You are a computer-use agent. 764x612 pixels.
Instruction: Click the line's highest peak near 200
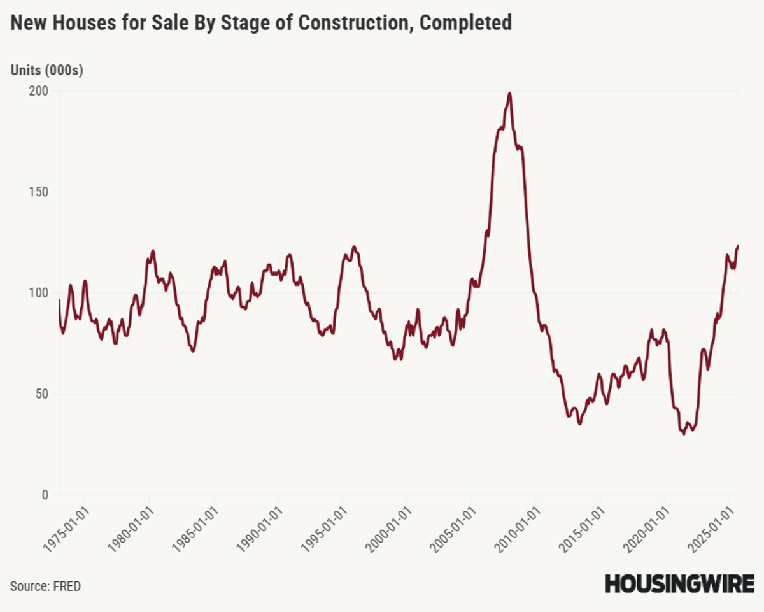click(x=509, y=94)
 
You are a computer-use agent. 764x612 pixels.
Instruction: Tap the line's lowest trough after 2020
click(x=684, y=434)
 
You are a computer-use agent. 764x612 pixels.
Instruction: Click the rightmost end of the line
click(x=738, y=245)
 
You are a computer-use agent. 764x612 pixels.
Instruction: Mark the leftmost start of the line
click(x=59, y=300)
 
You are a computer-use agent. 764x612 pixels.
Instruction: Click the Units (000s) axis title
click(x=47, y=71)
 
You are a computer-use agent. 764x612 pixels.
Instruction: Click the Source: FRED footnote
click(x=45, y=586)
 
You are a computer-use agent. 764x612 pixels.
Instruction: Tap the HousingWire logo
click(x=679, y=583)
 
